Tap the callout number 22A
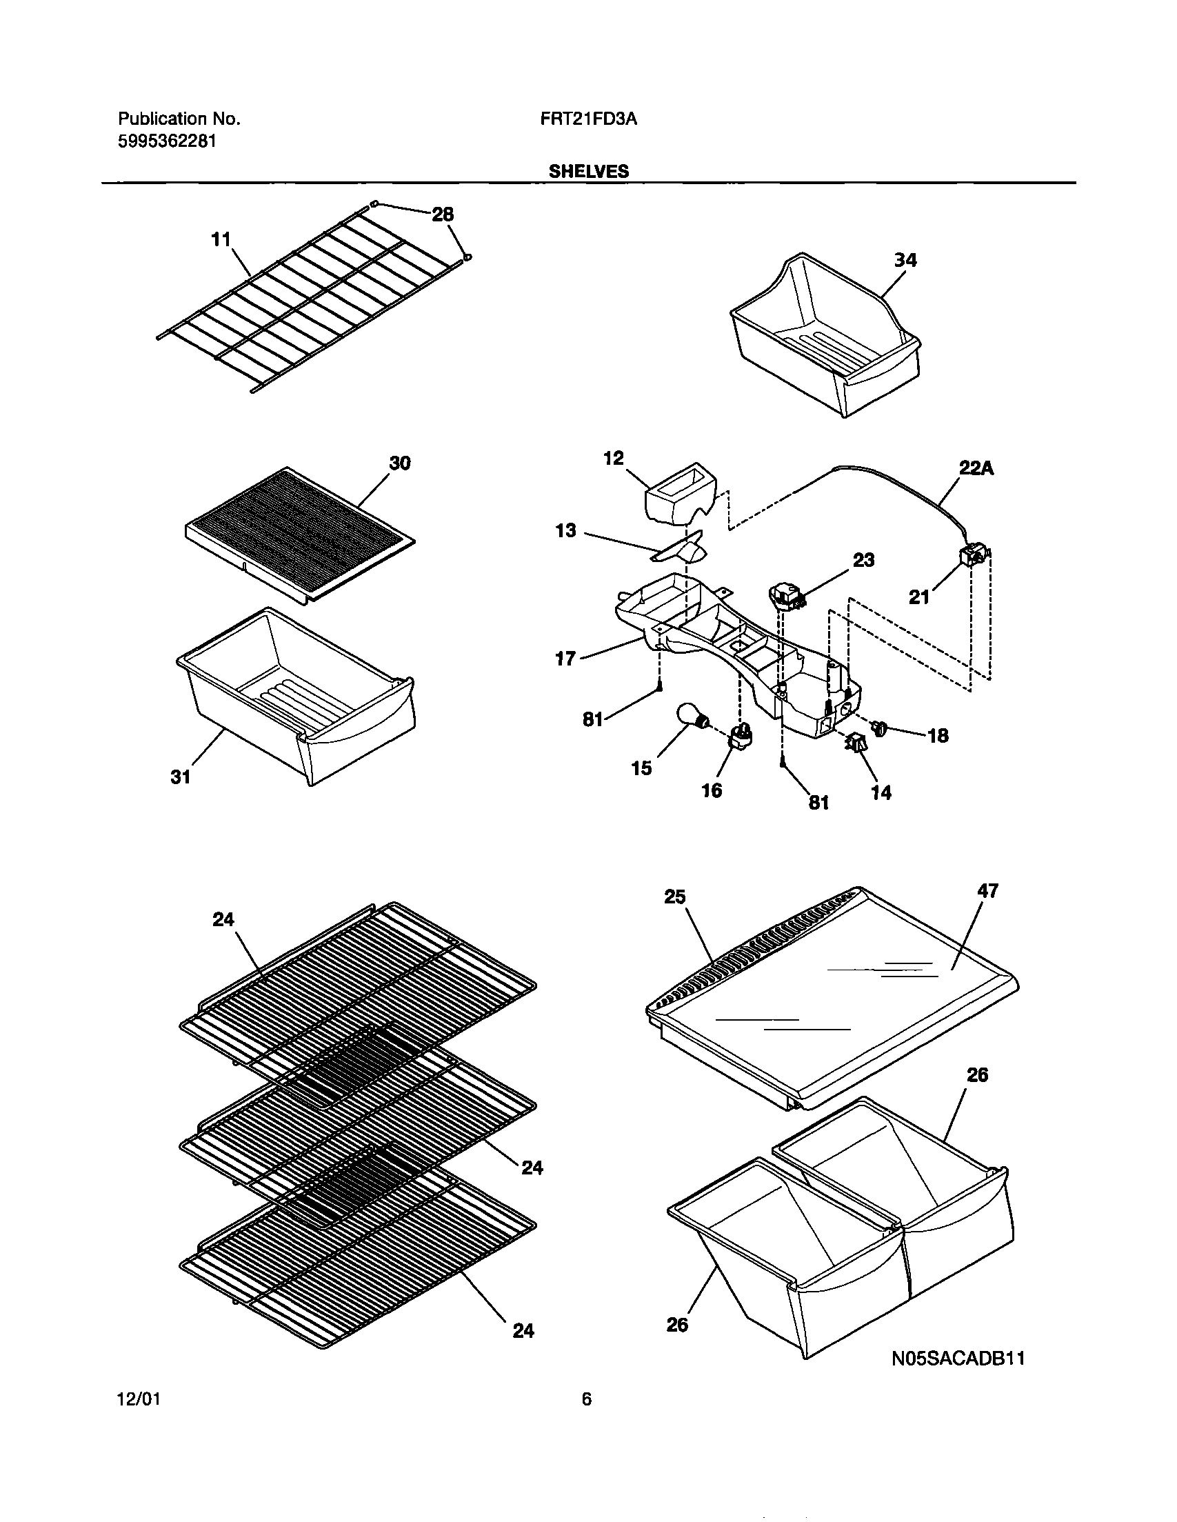tap(976, 469)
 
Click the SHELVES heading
tap(588, 172)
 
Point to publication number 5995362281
tap(167, 141)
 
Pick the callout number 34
tap(905, 260)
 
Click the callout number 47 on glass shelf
tap(987, 891)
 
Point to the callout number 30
tap(399, 463)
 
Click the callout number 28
tap(443, 214)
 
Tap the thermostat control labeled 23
tap(785, 596)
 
